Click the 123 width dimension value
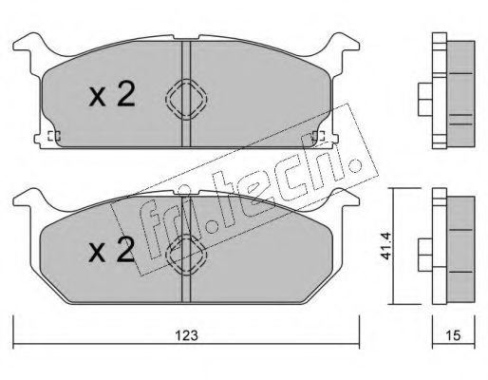tap(187, 334)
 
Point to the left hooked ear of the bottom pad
tap(26, 200)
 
